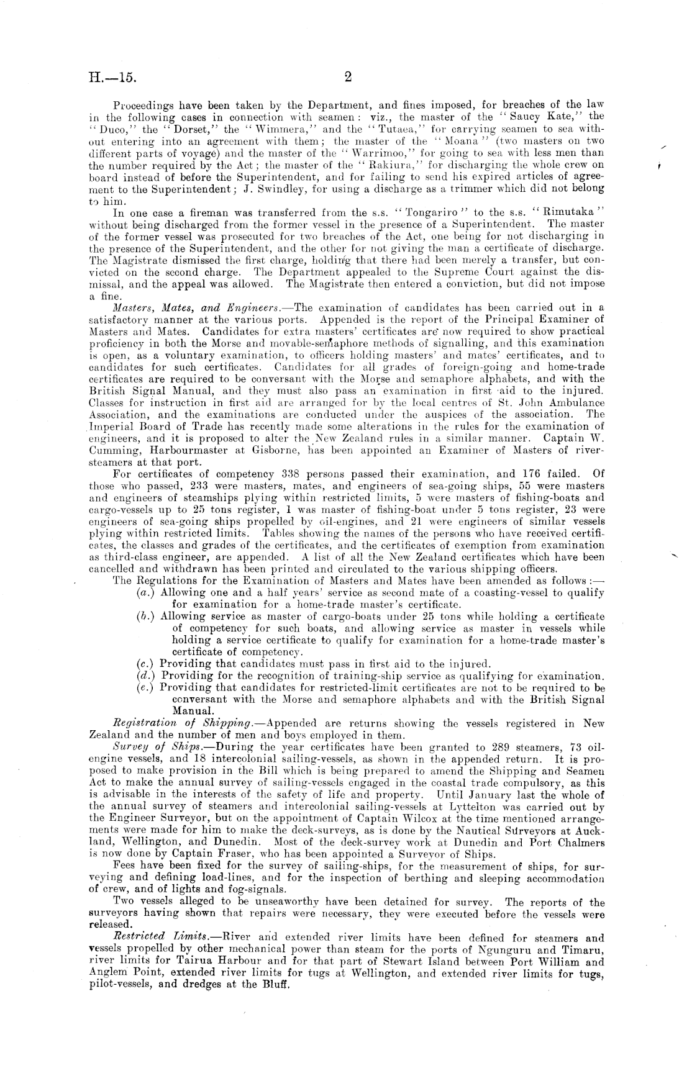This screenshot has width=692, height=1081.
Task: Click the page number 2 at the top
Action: coord(348,77)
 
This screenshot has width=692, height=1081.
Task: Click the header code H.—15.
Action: coord(112,78)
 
